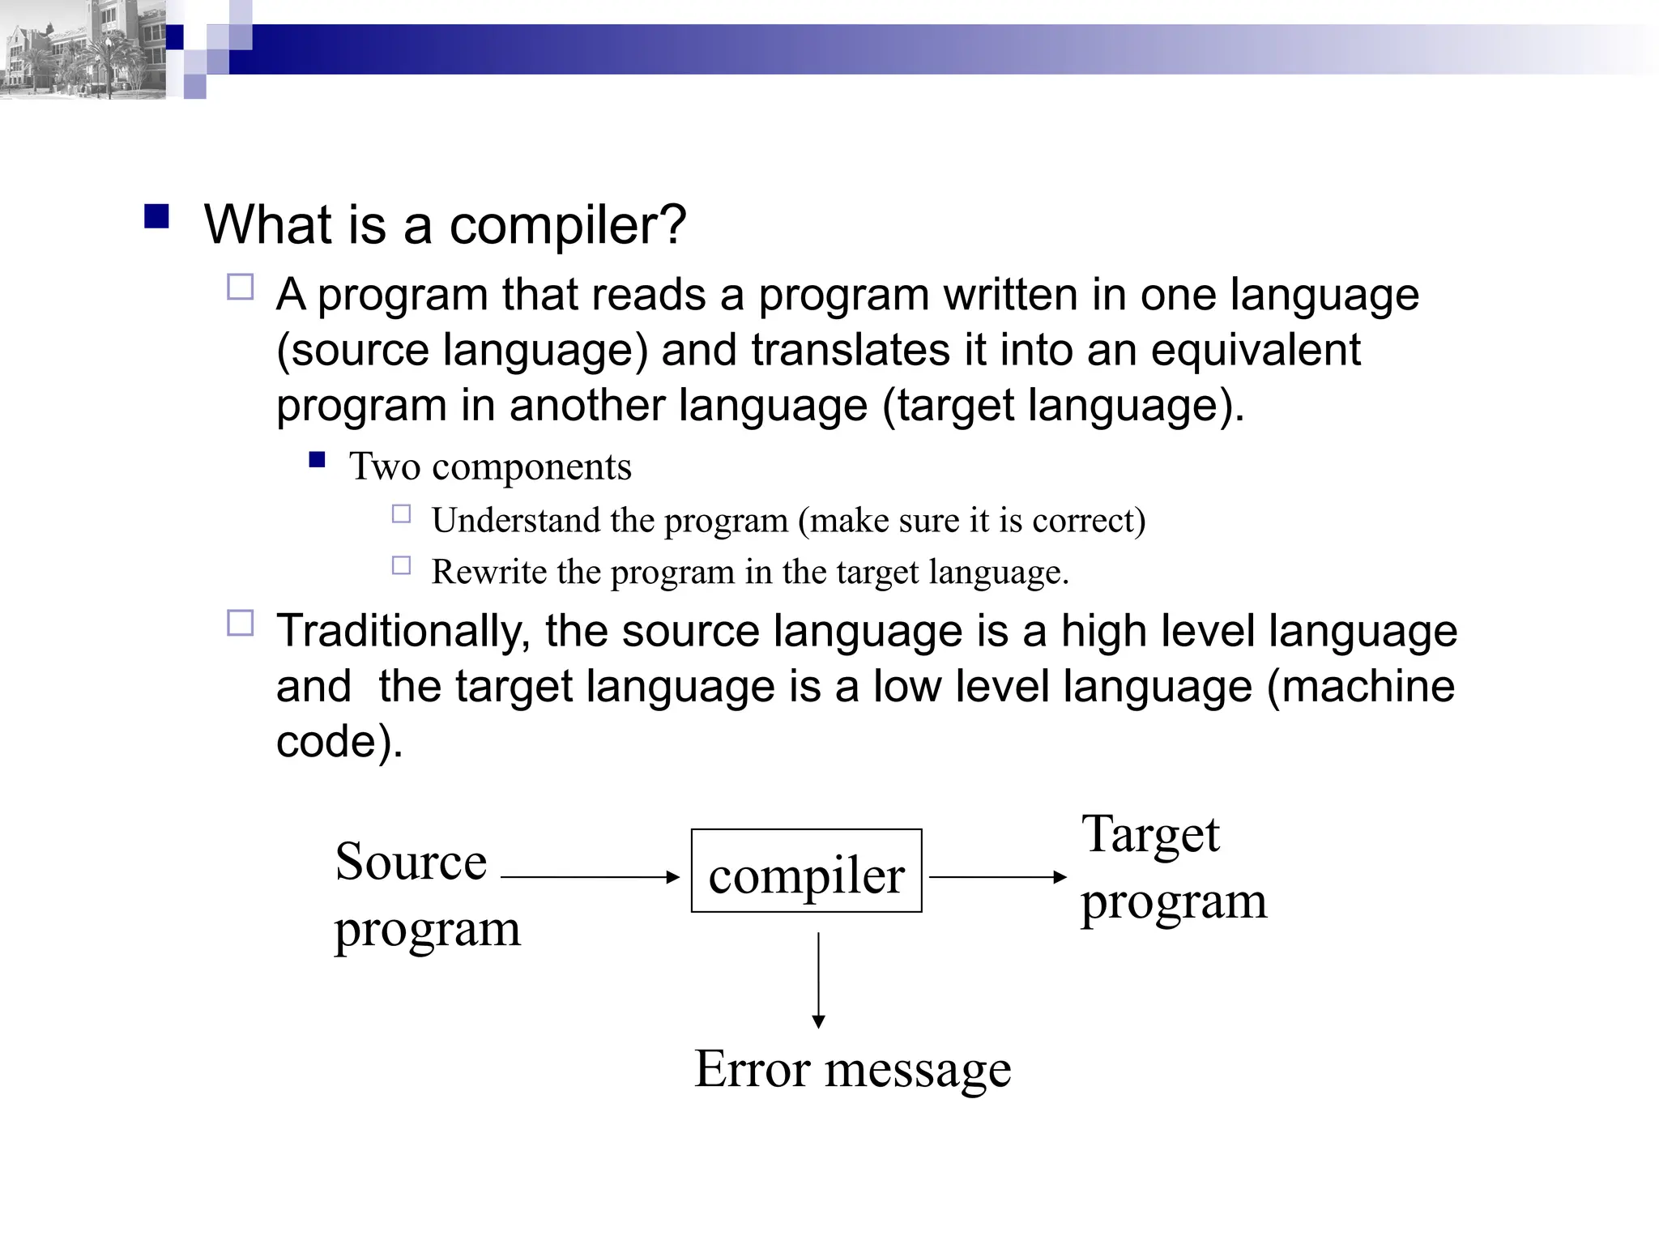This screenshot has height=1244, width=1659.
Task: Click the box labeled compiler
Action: tap(806, 871)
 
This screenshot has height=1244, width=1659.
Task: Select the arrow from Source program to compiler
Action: tap(590, 876)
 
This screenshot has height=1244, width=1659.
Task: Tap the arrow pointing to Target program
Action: tap(997, 876)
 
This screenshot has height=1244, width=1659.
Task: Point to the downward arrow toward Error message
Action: tap(818, 980)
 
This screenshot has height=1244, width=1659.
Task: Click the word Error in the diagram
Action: tap(752, 1069)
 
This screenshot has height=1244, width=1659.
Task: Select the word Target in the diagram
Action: tap(1150, 834)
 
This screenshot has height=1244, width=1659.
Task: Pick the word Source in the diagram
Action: tap(411, 862)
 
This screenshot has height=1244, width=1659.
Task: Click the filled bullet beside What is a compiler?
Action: tap(156, 217)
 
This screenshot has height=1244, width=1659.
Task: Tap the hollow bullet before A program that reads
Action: tap(241, 288)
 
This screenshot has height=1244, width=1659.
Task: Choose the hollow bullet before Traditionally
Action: tap(241, 624)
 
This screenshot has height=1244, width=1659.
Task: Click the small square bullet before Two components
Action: tap(317, 461)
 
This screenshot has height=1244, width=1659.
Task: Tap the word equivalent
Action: tap(1256, 351)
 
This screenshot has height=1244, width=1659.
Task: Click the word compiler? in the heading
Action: tap(567, 225)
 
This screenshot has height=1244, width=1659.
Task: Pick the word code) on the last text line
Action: tap(339, 741)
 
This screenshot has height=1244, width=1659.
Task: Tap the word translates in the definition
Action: tap(851, 351)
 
